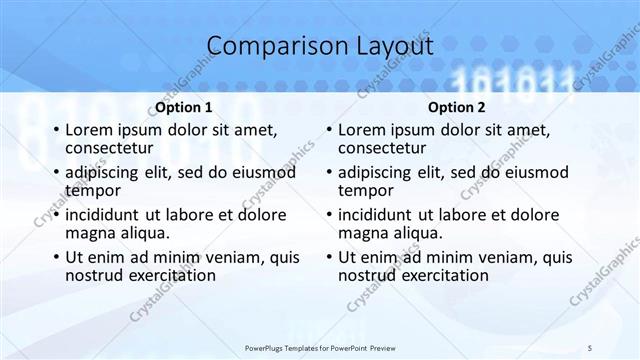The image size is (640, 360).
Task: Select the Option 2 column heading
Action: [x=457, y=107]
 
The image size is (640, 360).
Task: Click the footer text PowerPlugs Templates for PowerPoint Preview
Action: [x=319, y=346]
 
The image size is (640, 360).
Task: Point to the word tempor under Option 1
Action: [x=93, y=190]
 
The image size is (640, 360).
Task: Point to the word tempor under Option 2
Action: [x=366, y=190]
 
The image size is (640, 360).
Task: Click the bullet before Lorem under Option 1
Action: [x=55, y=131]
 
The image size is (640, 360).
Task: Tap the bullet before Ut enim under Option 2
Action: [x=328, y=257]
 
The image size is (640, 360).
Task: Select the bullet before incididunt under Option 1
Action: [x=55, y=215]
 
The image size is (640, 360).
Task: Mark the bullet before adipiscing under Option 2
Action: [x=328, y=173]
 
